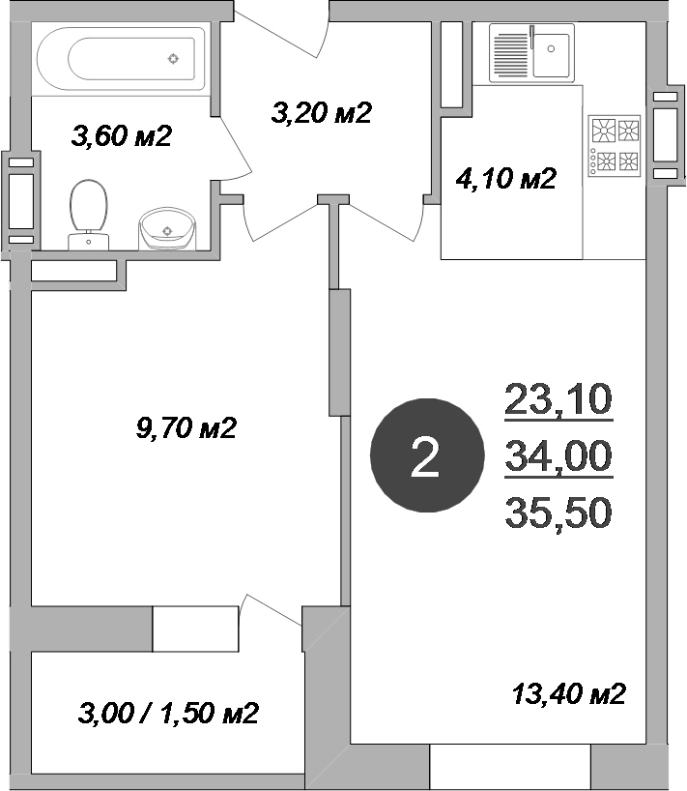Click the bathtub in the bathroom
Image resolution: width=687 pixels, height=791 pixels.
tap(121, 58)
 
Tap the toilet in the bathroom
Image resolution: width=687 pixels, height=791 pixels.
tap(88, 212)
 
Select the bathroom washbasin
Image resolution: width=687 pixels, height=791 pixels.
tap(168, 230)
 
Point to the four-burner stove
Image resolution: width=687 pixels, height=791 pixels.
tap(615, 145)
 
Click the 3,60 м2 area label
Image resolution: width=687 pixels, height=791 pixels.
tap(122, 136)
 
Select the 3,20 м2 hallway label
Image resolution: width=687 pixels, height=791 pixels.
tap(322, 113)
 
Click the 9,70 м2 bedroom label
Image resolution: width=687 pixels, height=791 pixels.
tap(187, 426)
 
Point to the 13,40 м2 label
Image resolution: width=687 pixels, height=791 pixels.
tap(569, 693)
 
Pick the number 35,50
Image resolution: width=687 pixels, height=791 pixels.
tap(558, 513)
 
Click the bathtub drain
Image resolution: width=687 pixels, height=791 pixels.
tap(173, 58)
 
